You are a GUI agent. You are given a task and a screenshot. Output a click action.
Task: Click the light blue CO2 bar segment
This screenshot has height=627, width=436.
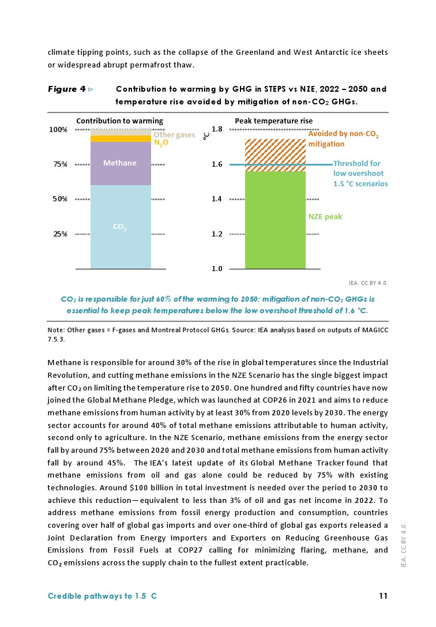click(121, 227)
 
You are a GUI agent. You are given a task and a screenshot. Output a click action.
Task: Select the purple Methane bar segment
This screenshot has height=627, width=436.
click(121, 163)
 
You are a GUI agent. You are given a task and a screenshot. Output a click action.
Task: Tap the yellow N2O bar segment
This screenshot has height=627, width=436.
click(121, 138)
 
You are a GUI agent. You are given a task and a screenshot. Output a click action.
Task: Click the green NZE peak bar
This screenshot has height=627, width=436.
click(275, 220)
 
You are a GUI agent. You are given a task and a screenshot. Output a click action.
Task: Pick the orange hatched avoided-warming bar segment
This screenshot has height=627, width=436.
click(275, 152)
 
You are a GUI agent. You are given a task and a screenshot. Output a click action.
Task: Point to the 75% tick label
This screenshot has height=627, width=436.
click(61, 164)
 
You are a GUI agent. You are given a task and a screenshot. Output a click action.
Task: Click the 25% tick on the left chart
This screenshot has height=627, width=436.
click(61, 234)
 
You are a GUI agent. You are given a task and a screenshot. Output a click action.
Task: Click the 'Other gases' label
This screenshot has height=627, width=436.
click(174, 134)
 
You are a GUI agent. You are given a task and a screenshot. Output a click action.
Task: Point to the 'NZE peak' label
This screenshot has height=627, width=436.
click(325, 217)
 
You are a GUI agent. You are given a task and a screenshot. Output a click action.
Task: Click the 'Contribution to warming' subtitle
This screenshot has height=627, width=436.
click(119, 121)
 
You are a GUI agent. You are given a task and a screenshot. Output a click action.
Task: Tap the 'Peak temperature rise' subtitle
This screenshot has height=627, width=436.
click(273, 121)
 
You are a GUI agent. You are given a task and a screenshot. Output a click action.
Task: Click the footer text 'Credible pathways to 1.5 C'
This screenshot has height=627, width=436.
click(102, 596)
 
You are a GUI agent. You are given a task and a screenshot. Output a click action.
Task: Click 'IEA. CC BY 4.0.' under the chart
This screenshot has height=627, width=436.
click(369, 283)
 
